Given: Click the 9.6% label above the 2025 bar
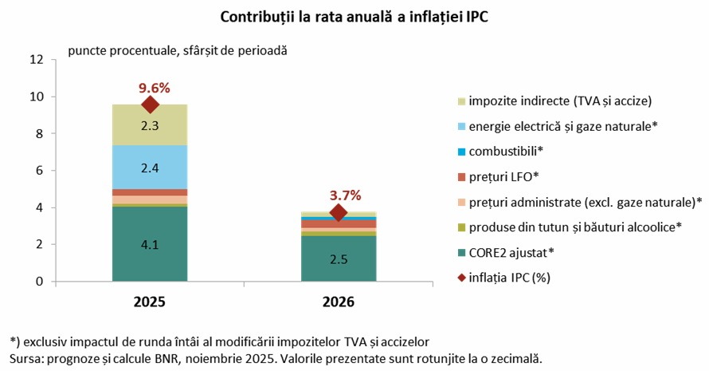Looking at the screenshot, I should [154, 87].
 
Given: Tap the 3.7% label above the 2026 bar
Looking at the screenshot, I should [346, 195].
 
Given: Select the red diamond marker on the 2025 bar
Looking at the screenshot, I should [150, 105].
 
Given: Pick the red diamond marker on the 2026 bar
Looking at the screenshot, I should [339, 213].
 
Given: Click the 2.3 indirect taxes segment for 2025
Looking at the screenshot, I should [150, 125].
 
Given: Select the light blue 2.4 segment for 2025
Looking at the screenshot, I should [150, 168].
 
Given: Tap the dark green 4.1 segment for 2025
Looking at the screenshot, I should [150, 244].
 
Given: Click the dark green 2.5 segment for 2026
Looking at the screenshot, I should [339, 259].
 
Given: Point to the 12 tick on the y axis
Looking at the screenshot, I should [36, 60].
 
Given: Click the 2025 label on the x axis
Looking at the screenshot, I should [150, 302].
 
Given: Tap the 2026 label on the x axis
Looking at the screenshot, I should [339, 302].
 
